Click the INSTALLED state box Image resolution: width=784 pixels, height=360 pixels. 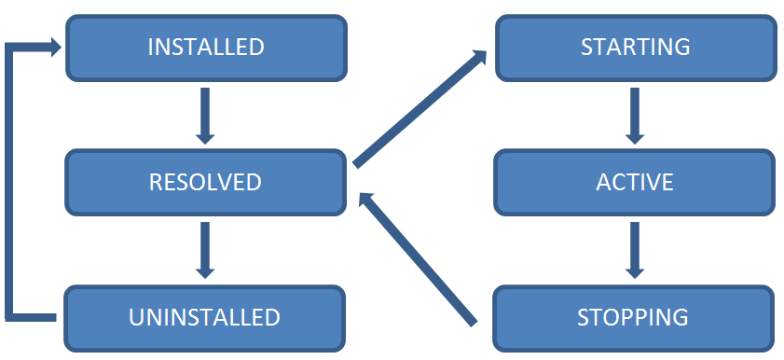206,47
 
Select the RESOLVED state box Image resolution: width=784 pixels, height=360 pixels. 206,182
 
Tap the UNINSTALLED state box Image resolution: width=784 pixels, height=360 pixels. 206,316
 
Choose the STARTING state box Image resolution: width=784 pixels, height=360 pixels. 635,47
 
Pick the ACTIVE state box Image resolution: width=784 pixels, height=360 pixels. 635,182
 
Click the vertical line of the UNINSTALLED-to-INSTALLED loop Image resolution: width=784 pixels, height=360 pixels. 10,182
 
